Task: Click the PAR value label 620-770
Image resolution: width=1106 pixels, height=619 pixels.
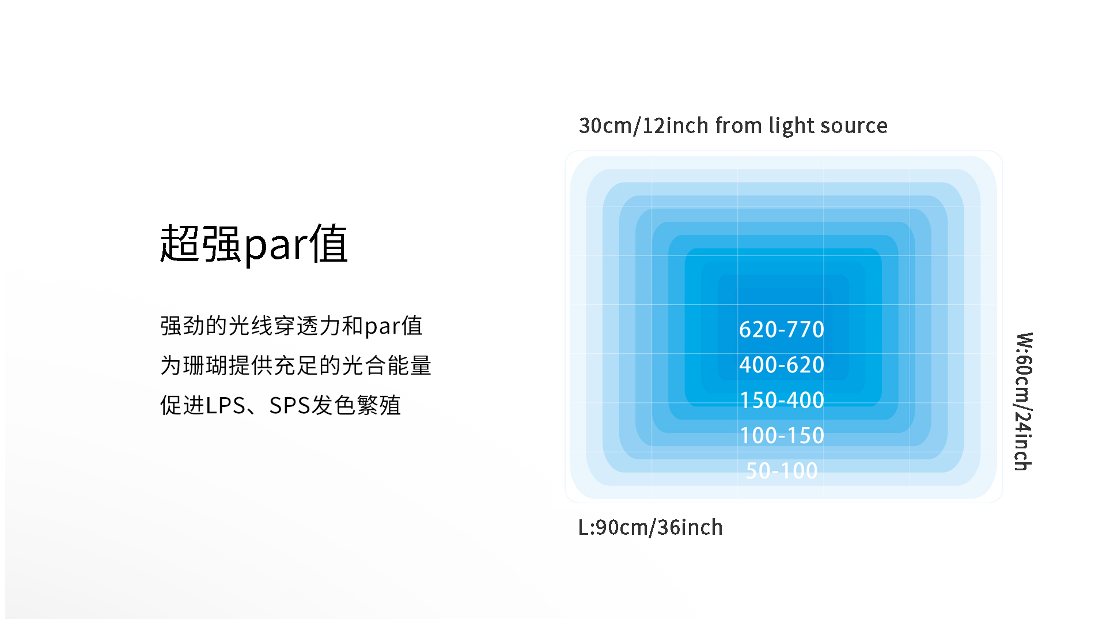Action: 782,330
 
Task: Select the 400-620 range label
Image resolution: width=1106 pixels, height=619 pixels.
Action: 782,365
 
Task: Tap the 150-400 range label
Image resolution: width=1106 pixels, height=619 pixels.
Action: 782,400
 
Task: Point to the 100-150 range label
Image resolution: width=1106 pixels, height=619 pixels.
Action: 782,435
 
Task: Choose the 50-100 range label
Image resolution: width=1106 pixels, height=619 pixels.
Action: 782,471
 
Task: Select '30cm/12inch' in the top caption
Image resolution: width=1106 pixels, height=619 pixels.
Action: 643,126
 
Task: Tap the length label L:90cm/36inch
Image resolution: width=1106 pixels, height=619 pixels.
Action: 650,527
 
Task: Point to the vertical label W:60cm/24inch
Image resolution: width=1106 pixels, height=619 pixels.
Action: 1024,401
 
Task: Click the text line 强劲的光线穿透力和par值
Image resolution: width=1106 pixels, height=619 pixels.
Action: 291,326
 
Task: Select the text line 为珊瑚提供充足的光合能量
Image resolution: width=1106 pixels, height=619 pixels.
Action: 296,365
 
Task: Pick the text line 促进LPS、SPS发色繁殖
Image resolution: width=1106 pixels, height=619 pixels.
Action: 281,405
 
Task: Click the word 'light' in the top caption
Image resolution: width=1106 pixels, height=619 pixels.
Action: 791,126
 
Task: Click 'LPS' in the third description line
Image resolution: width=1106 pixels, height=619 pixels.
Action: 225,406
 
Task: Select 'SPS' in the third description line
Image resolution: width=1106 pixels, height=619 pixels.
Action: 290,406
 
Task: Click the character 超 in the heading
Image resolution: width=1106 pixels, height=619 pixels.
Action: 180,244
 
